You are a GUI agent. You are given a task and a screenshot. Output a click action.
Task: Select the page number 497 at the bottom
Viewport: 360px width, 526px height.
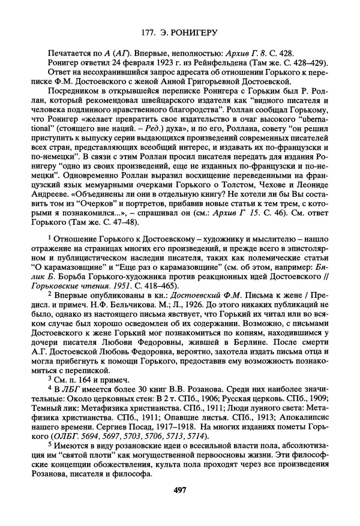point(179,490)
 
